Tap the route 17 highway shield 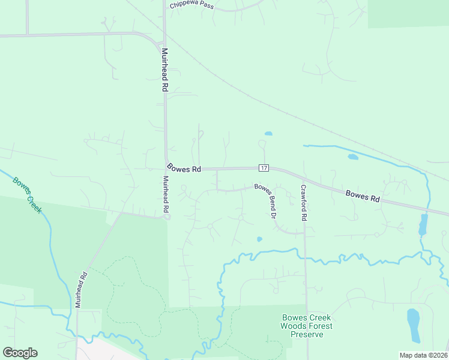point(264,167)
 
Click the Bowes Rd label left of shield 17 point(184,169)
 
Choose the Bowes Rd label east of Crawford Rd point(363,196)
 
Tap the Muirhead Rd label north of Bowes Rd point(164,70)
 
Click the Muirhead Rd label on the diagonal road point(81,290)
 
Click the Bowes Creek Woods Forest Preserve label point(306,326)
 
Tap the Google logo point(20,353)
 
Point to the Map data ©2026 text point(423,355)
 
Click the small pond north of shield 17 point(268,133)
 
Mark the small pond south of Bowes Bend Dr point(259,239)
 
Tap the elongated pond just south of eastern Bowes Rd point(423,224)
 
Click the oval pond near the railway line point(353,157)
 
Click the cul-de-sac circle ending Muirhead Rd point(167,217)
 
